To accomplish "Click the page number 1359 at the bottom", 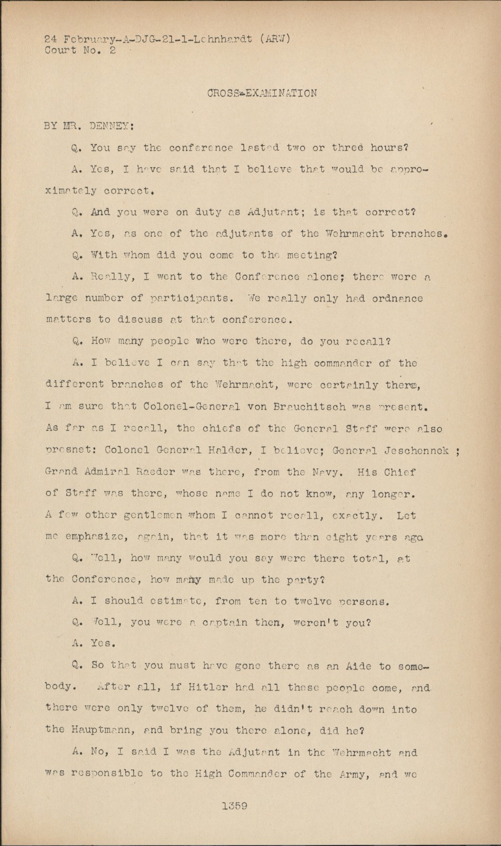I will [235, 806].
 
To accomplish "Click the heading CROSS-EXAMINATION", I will [262, 94].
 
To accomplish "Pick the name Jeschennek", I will [418, 450].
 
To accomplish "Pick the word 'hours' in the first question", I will [388, 148].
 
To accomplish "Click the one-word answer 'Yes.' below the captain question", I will [102, 643].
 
